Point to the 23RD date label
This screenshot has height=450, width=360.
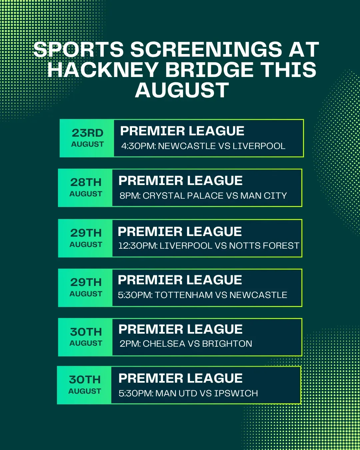click(87, 133)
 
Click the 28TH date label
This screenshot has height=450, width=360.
click(86, 182)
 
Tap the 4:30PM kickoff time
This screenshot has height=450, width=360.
click(139, 146)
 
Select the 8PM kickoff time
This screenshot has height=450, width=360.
click(130, 196)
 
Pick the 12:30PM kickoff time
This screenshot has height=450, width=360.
click(138, 245)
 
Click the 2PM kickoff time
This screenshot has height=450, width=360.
click(130, 344)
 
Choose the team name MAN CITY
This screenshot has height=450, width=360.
click(264, 196)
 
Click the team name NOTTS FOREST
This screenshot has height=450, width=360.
click(264, 245)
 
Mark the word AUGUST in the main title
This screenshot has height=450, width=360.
click(182, 90)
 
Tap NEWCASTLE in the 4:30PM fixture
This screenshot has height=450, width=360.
click(187, 146)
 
